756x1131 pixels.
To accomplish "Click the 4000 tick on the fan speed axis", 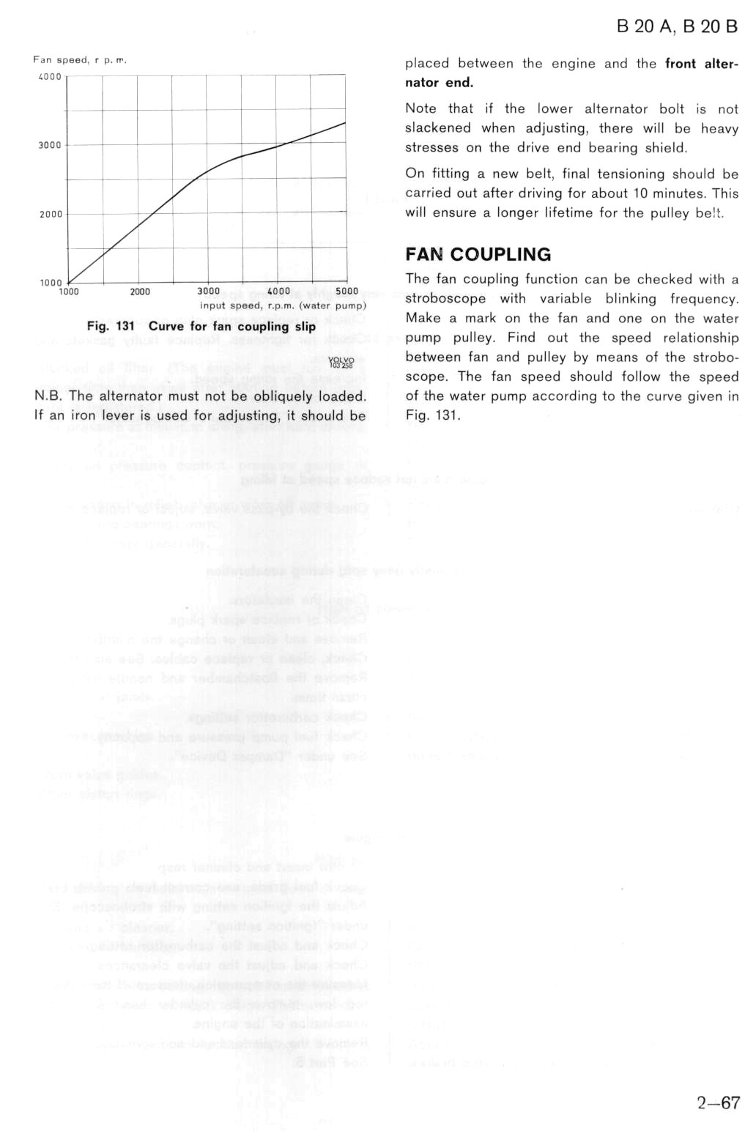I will (50, 76).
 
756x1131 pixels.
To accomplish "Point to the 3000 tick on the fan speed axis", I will (50, 145).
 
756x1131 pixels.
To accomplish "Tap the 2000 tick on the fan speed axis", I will (50, 214).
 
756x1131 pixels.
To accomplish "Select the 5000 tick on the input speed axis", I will (346, 291).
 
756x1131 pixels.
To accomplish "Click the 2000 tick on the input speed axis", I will (139, 292).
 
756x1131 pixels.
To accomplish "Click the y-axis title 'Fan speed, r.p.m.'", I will (80, 60).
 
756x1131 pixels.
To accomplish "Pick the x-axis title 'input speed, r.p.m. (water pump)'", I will (283, 305).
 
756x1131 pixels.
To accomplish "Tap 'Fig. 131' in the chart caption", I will (111, 326).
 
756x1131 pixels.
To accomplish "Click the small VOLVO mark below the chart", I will (341, 362).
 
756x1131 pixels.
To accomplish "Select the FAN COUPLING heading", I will (478, 254).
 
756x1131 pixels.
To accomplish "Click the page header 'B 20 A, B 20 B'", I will (676, 27).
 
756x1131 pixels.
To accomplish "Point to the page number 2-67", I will (718, 1102).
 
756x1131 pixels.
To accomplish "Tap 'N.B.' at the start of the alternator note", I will (48, 396).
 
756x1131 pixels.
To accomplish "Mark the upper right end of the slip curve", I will (345, 122).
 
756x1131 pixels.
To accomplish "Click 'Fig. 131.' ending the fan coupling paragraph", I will (433, 415).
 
